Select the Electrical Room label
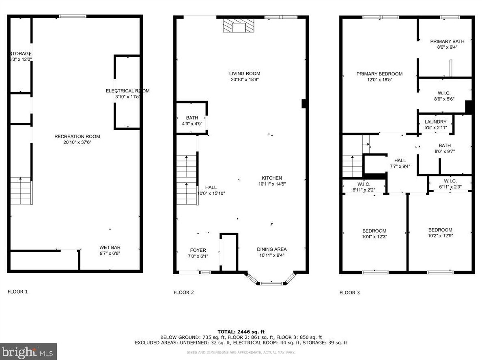coord(127,91)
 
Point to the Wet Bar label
coord(110,247)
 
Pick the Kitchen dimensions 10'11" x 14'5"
coord(272,184)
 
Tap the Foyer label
coord(198,250)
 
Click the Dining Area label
coord(272,249)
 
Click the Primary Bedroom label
coord(379,74)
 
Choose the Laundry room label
coord(435,122)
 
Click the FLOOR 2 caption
coord(184,292)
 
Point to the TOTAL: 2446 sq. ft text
coord(241,332)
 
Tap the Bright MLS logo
coord(28,351)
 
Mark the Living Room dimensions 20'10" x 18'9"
coord(244,79)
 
